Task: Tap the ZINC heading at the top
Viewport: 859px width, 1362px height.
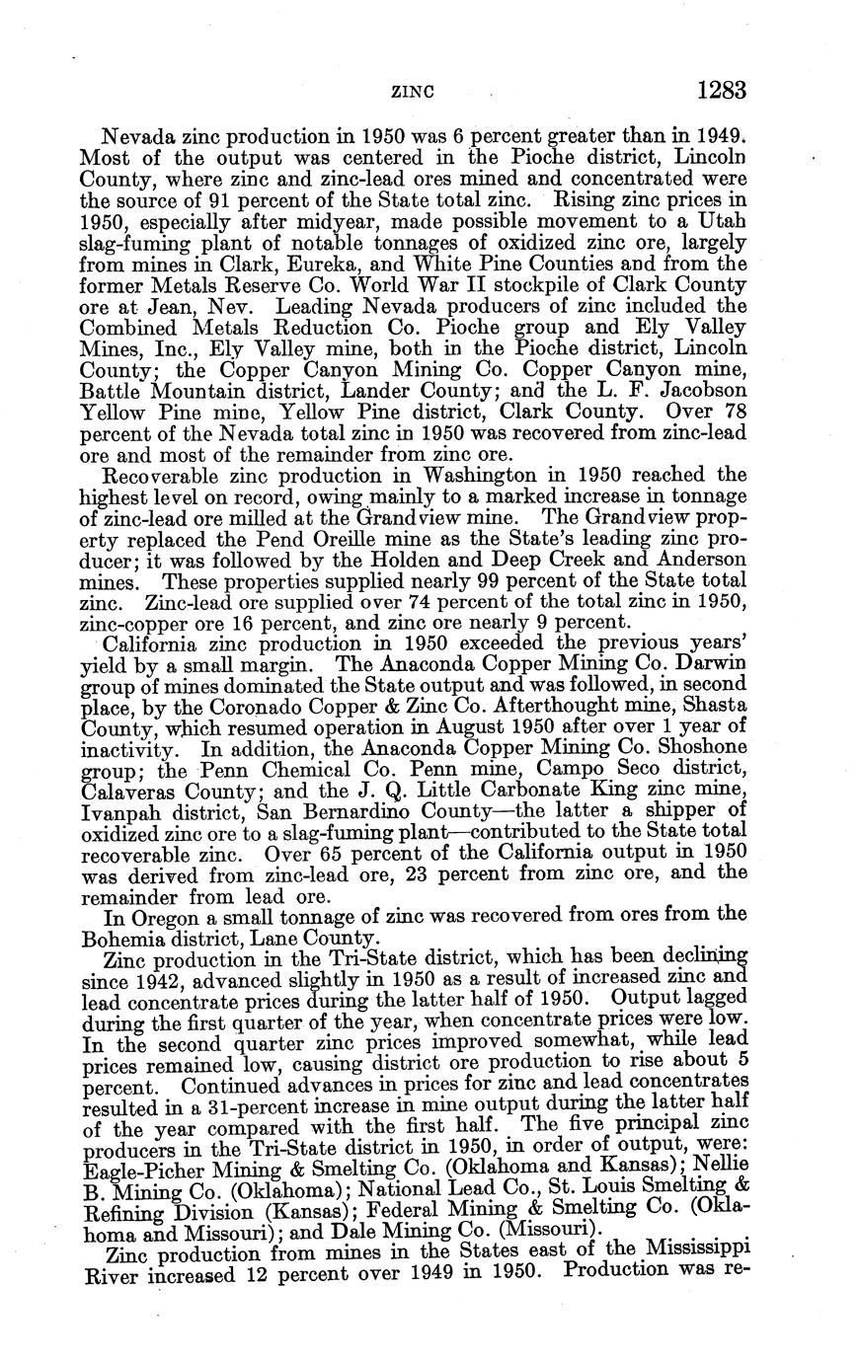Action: coord(415,92)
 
